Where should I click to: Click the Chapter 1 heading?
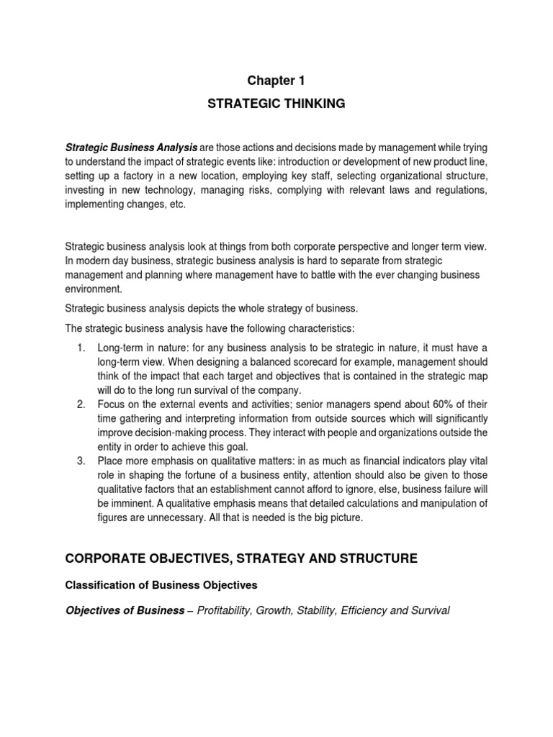pyautogui.click(x=276, y=81)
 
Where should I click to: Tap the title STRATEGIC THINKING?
pyautogui.click(x=276, y=104)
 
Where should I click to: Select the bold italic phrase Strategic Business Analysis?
pyautogui.click(x=131, y=148)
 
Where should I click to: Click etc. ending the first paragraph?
pyautogui.click(x=187, y=205)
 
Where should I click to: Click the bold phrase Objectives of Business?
pyautogui.click(x=125, y=610)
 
